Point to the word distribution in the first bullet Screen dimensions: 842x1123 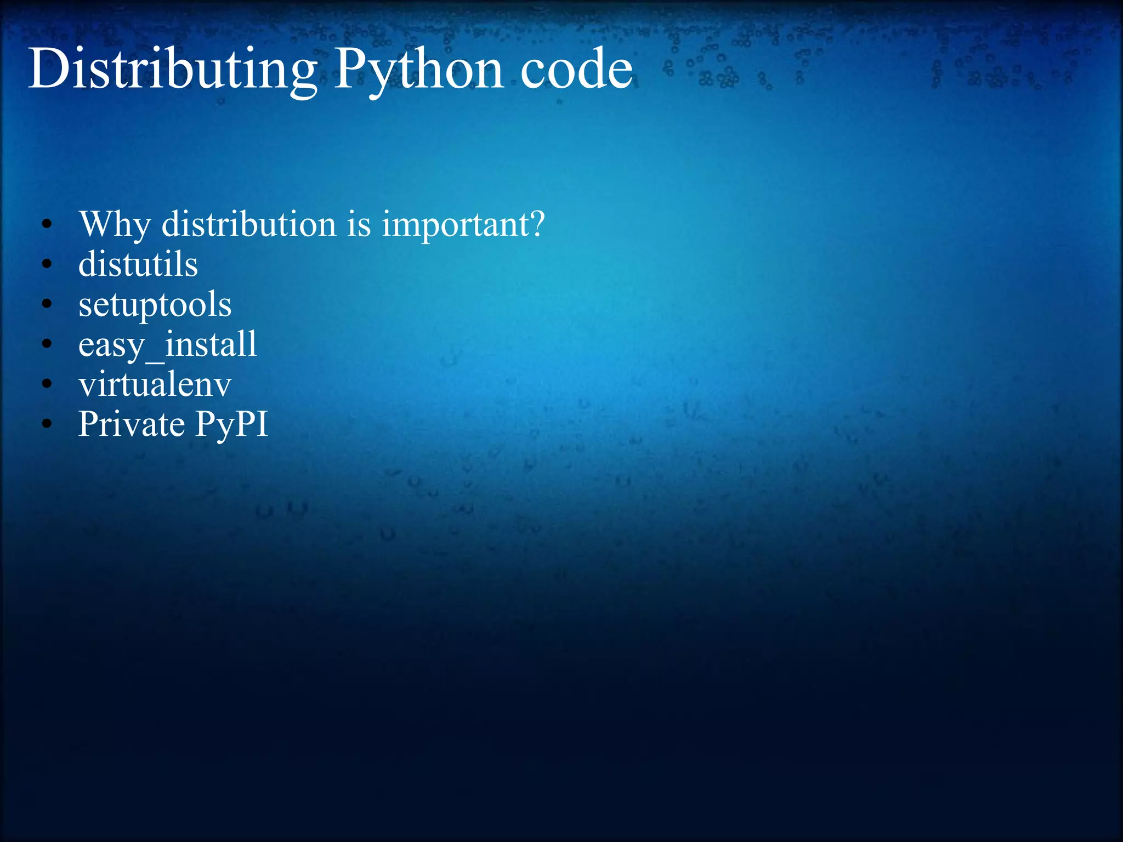tap(248, 225)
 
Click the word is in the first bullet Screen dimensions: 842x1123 tap(359, 225)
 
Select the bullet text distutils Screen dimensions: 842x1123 tap(138, 265)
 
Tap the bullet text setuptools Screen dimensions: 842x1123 tap(155, 305)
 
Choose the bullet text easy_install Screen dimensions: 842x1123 tap(168, 345)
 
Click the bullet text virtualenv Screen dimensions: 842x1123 tap(155, 384)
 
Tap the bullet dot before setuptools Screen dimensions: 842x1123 tap(47, 304)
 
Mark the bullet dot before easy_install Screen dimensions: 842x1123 tap(47, 344)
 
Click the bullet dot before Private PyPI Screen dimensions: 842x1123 tap(47, 424)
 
